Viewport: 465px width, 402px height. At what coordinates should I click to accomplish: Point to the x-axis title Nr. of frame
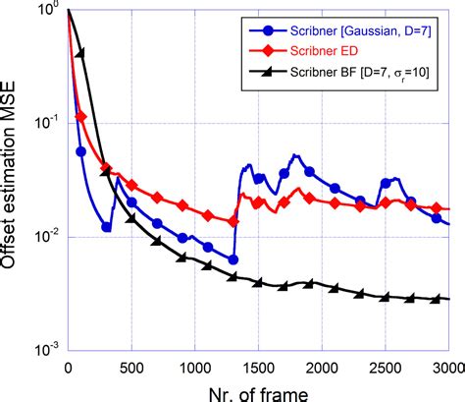click(259, 389)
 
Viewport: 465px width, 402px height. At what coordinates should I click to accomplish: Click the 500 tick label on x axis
click(130, 364)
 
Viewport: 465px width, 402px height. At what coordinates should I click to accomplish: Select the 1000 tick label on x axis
click(194, 364)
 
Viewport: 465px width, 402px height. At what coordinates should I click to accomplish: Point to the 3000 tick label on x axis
click(446, 364)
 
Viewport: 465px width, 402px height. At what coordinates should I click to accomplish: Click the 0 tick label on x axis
click(68, 364)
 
